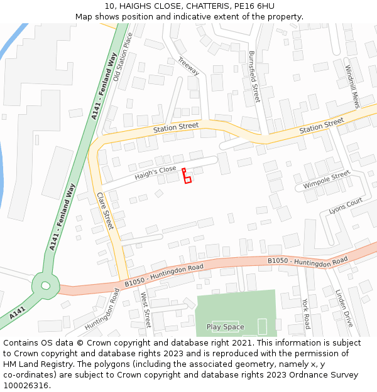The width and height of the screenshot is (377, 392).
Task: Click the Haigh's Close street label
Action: (155, 173)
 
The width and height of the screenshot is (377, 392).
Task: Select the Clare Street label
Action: (104, 210)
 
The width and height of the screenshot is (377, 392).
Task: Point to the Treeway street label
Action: (188, 66)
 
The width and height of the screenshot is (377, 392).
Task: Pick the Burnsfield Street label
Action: (254, 77)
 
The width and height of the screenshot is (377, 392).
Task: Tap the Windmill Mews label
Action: (352, 86)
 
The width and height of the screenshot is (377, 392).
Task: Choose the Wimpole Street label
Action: (326, 181)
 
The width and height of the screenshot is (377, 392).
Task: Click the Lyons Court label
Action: (346, 204)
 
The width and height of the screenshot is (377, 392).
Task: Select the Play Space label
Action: (225, 327)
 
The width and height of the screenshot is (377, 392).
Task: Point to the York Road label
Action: (306, 313)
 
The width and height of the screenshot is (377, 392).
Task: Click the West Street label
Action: (146, 310)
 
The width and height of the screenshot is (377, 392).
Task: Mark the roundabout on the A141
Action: (45, 285)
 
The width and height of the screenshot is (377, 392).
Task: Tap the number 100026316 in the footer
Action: (26, 386)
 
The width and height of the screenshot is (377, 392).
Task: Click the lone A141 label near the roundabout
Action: (18, 312)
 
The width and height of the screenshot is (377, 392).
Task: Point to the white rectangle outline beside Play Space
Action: (262, 326)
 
